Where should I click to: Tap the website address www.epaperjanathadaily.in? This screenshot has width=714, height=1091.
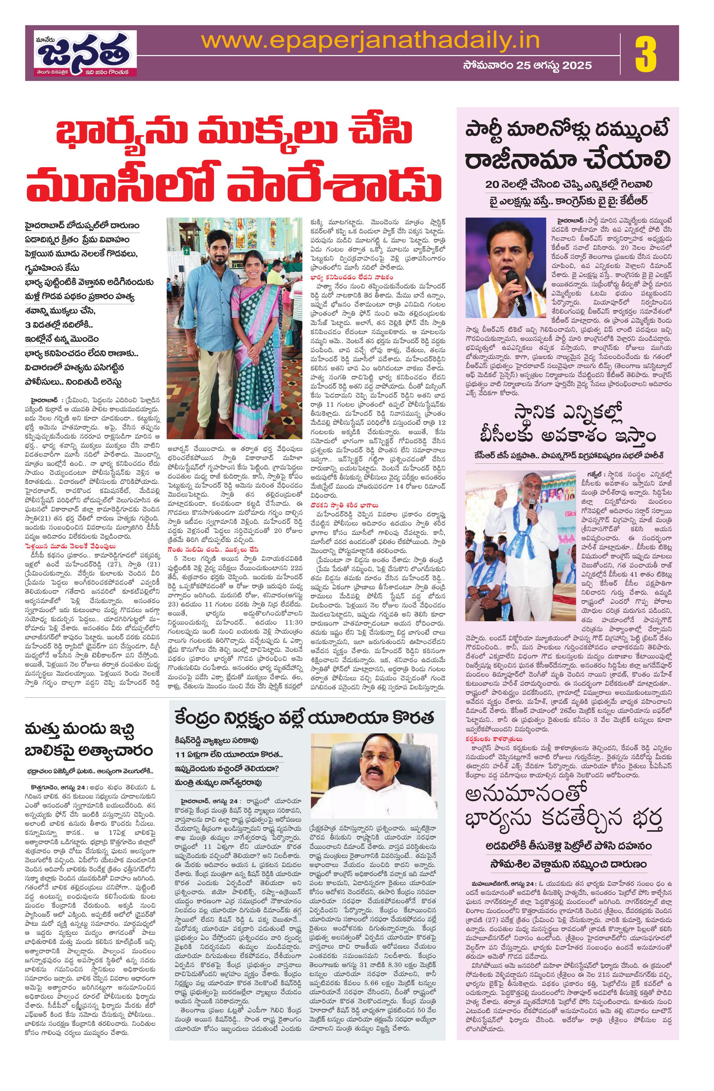coord(370,41)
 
